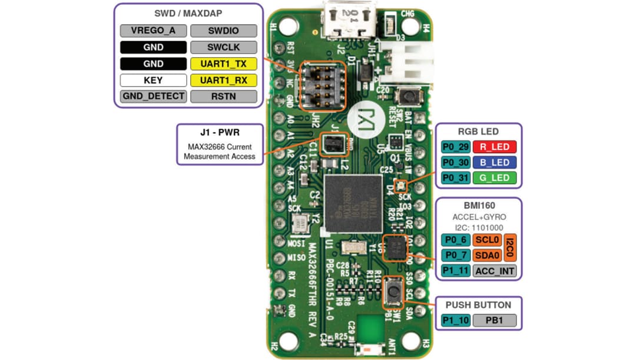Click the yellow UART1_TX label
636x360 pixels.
[x=224, y=63]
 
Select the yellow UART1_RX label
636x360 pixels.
[x=224, y=80]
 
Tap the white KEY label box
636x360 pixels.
[x=154, y=80]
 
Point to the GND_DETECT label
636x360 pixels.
[x=154, y=96]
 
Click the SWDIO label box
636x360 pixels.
[x=224, y=30]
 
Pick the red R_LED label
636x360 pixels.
[x=495, y=147]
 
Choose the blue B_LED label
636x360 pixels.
[x=495, y=162]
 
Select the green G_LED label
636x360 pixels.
[x=495, y=177]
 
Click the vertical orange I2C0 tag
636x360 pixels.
[x=510, y=247]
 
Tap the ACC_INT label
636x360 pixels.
[x=495, y=271]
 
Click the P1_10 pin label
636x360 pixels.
[x=455, y=321]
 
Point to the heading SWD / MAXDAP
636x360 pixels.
[x=188, y=14]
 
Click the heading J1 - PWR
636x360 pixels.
[x=219, y=133]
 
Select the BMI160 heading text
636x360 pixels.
[x=478, y=206]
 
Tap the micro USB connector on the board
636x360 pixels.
[x=350, y=23]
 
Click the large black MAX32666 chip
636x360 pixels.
[x=353, y=203]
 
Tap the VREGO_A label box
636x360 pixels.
[x=154, y=30]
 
